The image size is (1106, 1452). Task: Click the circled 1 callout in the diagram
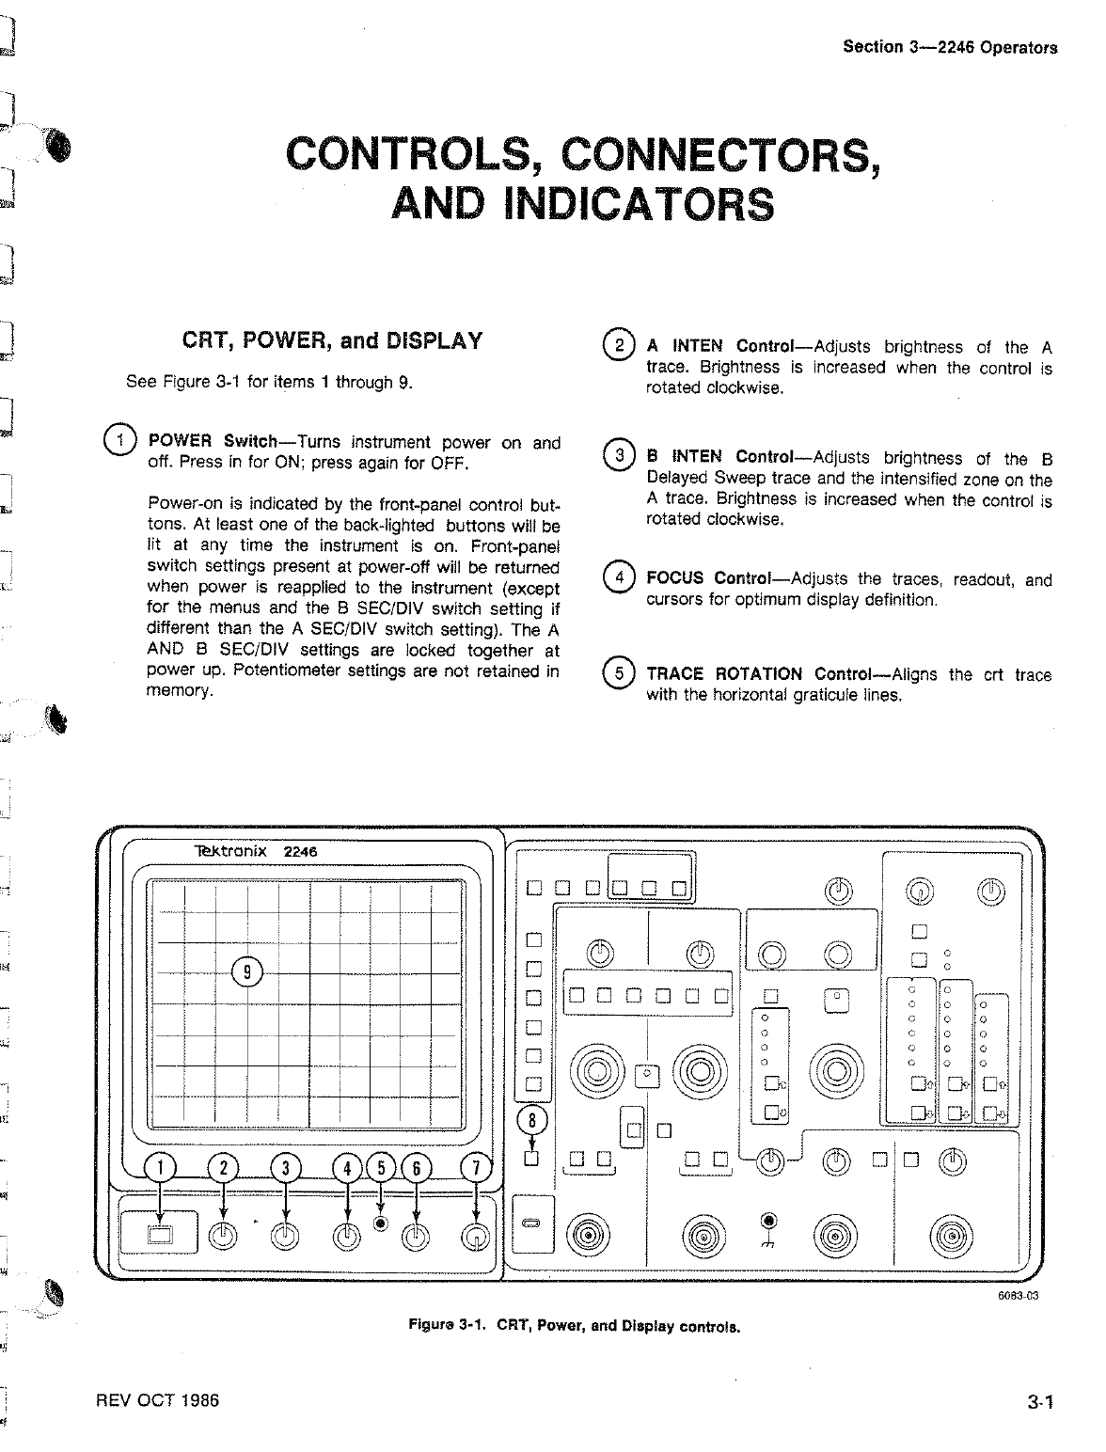(x=161, y=1168)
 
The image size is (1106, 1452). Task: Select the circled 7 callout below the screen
(x=476, y=1168)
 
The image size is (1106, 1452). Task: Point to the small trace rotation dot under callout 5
(x=381, y=1223)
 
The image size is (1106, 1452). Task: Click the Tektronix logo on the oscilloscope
(x=230, y=851)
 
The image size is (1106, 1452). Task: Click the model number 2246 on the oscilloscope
(x=301, y=851)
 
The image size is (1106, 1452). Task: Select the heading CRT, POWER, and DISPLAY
(x=332, y=340)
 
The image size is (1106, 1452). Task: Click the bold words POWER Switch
(x=213, y=442)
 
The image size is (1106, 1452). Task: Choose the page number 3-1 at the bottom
(x=1039, y=1403)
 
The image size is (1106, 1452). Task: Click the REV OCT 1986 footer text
(x=157, y=1400)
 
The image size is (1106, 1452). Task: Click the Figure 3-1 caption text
(x=574, y=1327)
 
